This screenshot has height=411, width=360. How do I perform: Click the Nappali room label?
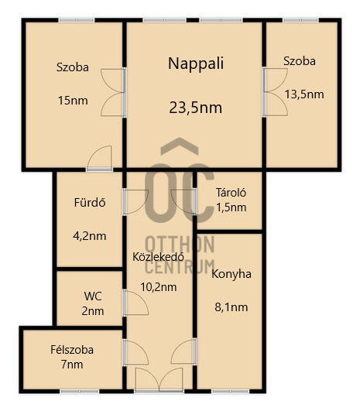196,64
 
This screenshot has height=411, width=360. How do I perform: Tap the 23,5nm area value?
196,108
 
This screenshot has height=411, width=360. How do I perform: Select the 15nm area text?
73,101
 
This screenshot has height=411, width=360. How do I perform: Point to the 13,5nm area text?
304,94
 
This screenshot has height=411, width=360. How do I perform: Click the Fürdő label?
90,203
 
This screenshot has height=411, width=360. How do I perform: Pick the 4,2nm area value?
90,236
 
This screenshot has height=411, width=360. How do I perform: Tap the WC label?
93,296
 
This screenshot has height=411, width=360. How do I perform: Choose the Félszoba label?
72,350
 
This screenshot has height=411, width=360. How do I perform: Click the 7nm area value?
72,365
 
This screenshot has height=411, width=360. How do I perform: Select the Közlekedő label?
158,257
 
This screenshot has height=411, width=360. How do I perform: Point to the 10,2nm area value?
159,287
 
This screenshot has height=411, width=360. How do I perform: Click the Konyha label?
231,274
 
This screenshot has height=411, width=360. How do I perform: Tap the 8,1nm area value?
231,307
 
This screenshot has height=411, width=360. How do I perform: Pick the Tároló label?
231,193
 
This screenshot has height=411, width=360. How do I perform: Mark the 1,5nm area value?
231,207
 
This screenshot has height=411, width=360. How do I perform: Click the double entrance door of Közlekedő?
159,380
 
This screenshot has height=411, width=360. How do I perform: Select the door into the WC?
135,303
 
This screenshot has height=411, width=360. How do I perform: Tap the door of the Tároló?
183,202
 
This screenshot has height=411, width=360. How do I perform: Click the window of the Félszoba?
80,392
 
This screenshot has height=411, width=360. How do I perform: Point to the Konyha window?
231,392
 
